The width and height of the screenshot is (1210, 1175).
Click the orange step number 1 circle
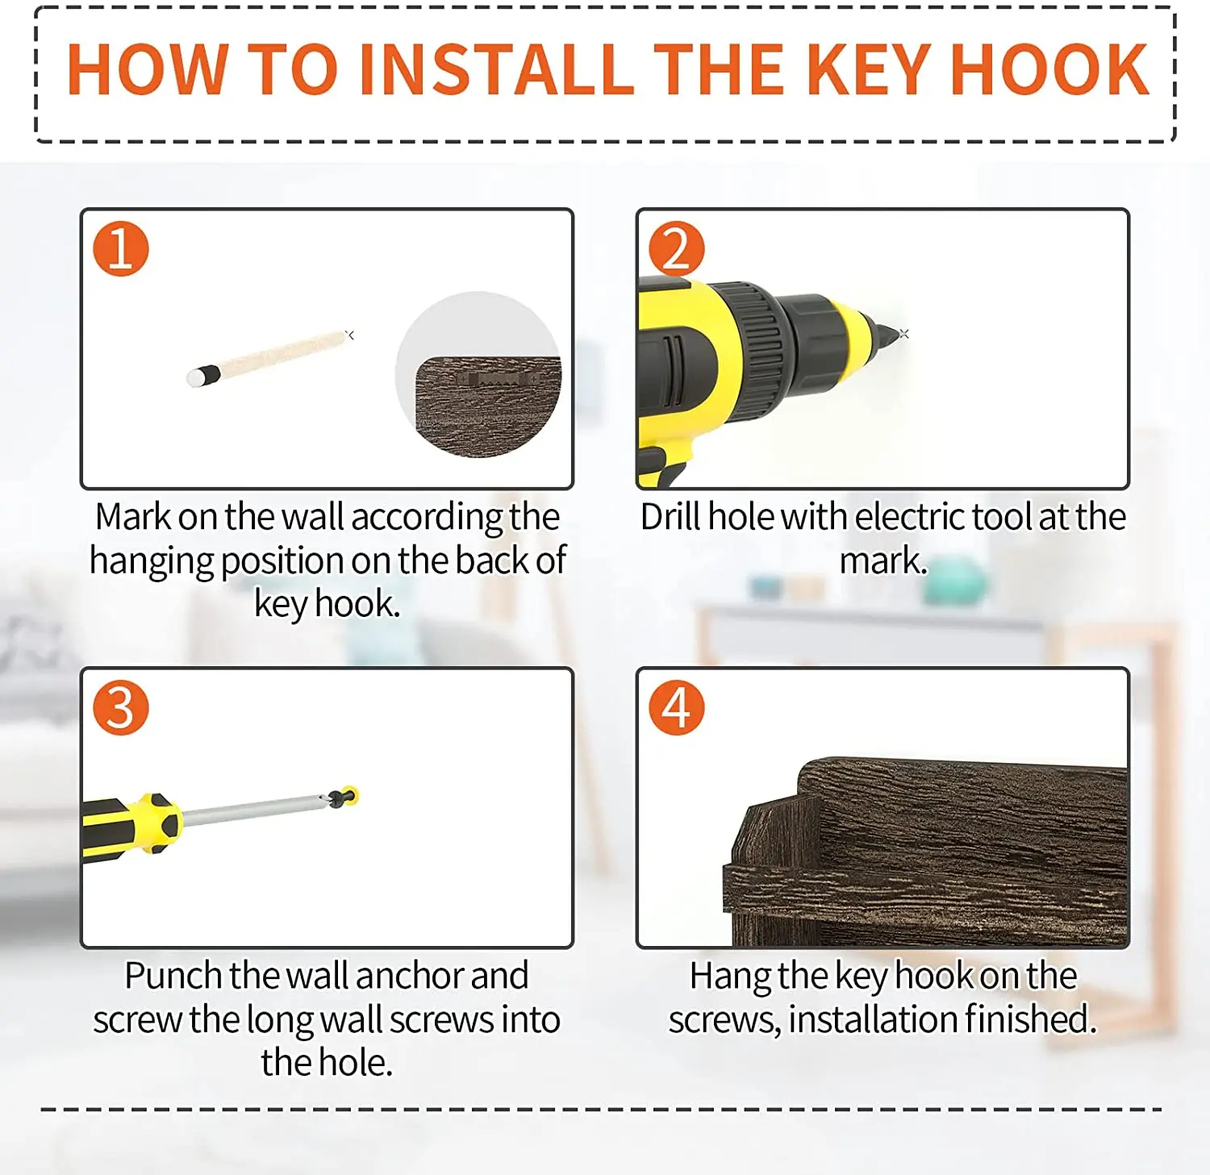click(x=121, y=248)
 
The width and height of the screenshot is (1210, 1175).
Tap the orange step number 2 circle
click(x=677, y=248)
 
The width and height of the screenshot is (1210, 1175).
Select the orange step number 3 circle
click(x=121, y=707)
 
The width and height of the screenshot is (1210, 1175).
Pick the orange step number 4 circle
click(x=677, y=707)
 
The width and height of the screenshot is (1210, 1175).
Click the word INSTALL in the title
click(x=497, y=69)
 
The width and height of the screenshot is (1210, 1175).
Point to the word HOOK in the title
click(x=1049, y=69)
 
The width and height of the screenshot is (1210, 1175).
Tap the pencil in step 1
click(x=269, y=358)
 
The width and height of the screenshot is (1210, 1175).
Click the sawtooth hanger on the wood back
click(x=497, y=378)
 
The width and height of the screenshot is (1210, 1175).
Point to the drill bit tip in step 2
click(x=895, y=332)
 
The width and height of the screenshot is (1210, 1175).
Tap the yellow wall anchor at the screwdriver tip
click(x=349, y=796)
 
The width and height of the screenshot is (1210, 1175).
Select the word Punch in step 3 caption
click(x=174, y=976)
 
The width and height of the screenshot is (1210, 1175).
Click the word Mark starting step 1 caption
click(x=132, y=517)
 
